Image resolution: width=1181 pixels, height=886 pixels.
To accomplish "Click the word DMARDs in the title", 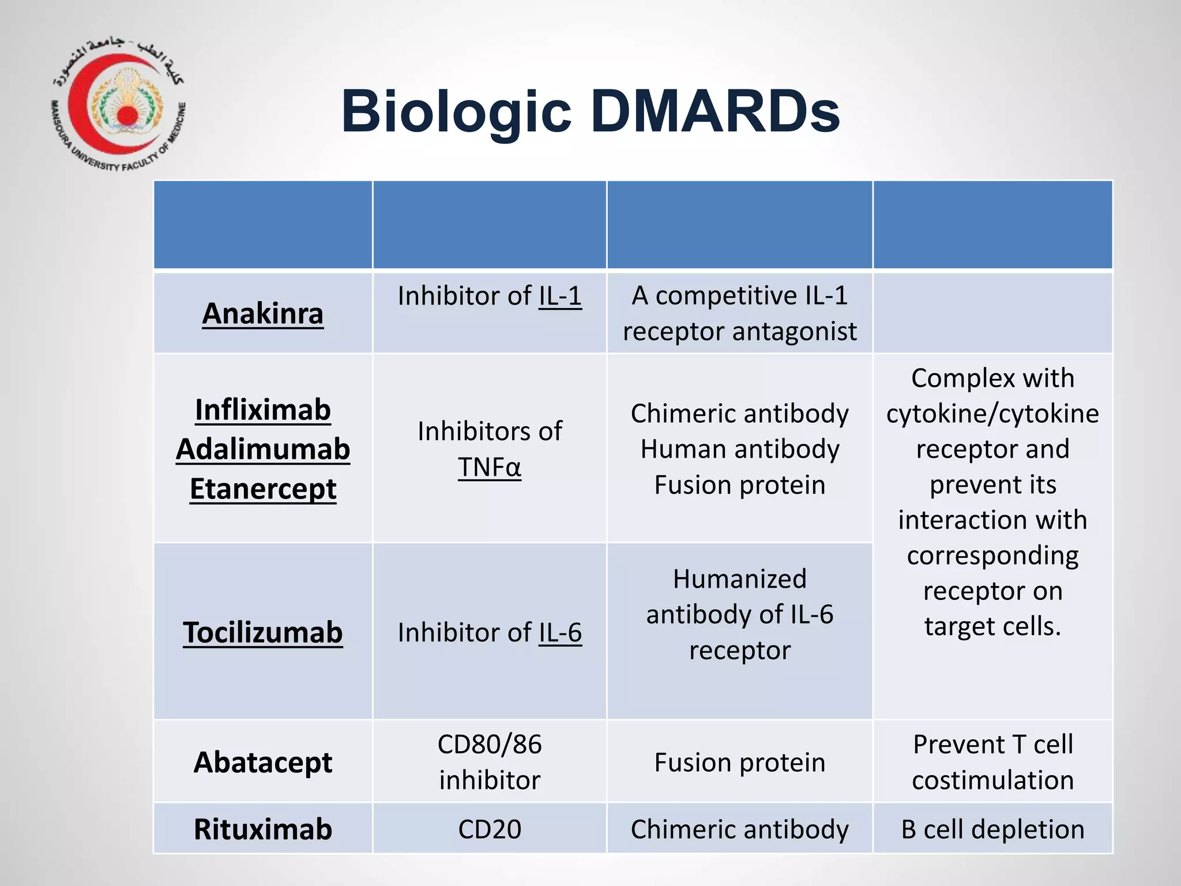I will (x=715, y=111).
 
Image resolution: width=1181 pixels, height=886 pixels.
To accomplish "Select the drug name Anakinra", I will (x=262, y=314).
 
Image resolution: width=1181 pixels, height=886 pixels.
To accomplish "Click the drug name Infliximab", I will (x=262, y=410).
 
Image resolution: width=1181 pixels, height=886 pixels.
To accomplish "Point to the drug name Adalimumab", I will (x=262, y=449).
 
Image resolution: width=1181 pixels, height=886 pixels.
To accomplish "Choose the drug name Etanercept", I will (x=262, y=489).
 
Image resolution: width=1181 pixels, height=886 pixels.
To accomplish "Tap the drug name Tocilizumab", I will (x=262, y=632).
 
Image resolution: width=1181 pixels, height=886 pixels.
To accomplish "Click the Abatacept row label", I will (x=262, y=762).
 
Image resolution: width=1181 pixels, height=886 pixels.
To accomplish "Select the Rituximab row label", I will (x=262, y=829).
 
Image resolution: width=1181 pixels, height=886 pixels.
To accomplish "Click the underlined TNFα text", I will (x=490, y=467).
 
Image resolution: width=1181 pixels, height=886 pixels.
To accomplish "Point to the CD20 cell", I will (x=490, y=829).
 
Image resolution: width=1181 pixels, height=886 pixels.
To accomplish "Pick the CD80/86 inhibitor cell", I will (x=490, y=762).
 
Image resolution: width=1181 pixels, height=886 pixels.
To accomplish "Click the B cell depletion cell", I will (x=992, y=829).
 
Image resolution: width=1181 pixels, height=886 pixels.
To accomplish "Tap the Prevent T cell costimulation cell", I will (x=992, y=762).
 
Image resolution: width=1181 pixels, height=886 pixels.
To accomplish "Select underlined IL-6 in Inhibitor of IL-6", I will (x=560, y=633).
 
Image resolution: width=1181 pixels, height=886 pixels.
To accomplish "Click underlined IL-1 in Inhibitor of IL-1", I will (x=560, y=296).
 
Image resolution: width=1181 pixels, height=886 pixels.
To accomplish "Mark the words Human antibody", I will (x=740, y=449).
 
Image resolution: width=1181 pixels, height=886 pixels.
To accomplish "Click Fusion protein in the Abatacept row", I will (x=740, y=763).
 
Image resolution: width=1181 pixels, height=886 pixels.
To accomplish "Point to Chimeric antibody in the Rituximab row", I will (x=740, y=829).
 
